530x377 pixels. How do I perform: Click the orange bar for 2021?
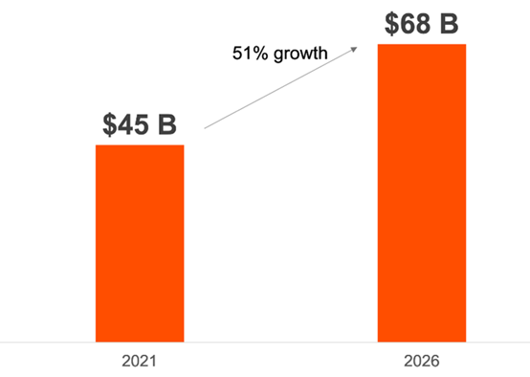point(140,243)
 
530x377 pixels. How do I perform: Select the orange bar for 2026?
point(422,193)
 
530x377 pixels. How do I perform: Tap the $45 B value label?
point(140,124)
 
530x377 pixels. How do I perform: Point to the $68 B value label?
point(422,23)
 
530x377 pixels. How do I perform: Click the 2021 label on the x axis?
point(140,361)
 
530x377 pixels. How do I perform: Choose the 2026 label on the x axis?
point(422,361)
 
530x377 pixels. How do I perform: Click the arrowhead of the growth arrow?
point(354,50)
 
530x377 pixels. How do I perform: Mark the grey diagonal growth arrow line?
point(281,88)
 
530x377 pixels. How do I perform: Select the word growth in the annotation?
point(300,55)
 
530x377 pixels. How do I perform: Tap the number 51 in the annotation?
point(241,53)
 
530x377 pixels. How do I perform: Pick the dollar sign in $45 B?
point(109,124)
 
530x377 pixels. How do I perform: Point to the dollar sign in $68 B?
point(391,23)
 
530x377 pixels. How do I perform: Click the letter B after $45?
point(167,124)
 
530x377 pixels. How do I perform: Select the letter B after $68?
point(450,23)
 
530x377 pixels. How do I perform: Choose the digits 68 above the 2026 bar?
point(415,23)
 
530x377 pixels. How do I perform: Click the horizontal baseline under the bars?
point(265,343)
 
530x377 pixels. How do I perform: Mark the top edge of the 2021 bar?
point(140,145)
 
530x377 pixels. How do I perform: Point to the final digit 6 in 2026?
point(435,361)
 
